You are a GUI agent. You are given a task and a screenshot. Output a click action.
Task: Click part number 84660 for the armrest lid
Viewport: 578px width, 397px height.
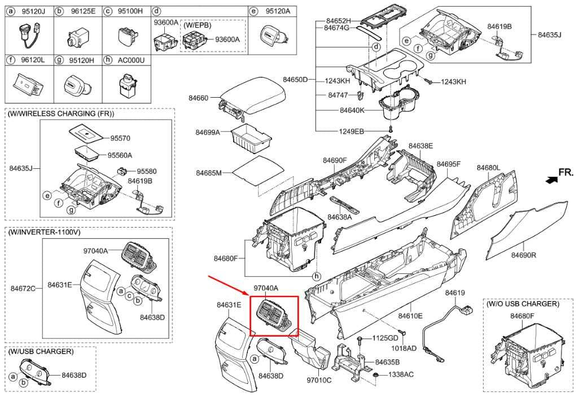pos(199,98)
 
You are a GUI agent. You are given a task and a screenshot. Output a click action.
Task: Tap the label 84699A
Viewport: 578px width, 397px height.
pos(208,132)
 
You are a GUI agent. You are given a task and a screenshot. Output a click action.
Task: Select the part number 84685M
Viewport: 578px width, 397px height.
pos(208,172)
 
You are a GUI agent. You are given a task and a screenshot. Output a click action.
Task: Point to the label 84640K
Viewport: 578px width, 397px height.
pos(352,110)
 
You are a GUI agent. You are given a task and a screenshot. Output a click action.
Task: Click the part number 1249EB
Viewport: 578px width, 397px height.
pos(351,131)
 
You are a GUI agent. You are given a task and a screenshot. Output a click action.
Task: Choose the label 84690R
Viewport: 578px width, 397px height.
pos(523,255)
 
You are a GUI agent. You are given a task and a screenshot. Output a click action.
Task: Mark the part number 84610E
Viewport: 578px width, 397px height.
pos(410,316)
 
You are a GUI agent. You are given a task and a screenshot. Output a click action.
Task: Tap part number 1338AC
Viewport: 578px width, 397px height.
pos(401,374)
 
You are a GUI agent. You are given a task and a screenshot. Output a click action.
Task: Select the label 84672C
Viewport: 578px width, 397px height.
pos(23,288)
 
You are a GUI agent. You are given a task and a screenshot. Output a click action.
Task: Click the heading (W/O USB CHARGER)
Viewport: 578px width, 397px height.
pos(523,304)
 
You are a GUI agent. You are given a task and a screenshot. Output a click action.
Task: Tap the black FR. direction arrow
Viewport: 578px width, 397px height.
pos(547,180)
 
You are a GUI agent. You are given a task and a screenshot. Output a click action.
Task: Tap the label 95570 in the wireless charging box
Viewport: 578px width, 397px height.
pos(120,137)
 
